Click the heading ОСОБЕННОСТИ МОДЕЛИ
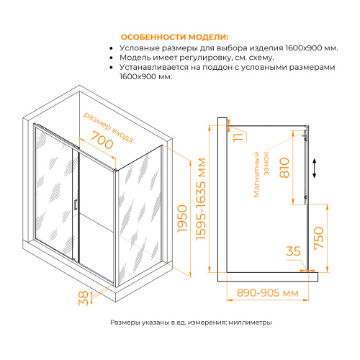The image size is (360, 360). [174, 37]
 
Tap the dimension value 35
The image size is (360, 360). [293, 253]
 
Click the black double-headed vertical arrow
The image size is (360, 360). [315, 168]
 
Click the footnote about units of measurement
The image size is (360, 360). [191, 323]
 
